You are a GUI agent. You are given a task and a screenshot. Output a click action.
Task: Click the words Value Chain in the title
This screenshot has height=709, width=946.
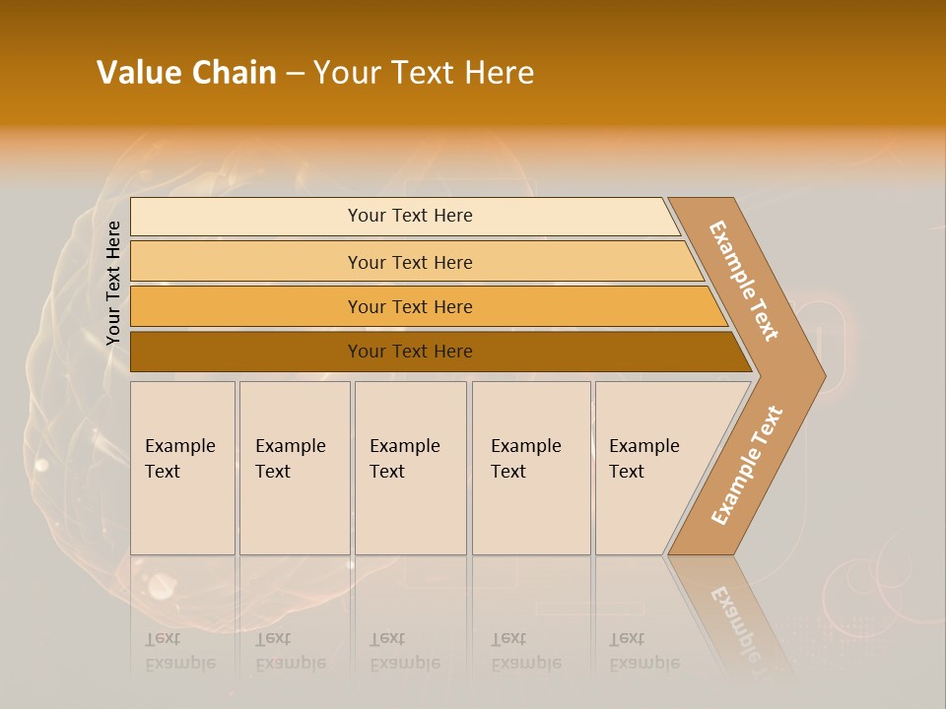click(x=186, y=73)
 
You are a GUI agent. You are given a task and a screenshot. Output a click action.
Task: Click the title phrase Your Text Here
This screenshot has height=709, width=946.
click(x=424, y=73)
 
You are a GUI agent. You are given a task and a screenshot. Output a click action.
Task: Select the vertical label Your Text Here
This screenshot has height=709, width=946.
click(x=113, y=283)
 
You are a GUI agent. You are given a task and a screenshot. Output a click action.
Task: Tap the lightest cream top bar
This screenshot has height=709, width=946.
click(x=246, y=217)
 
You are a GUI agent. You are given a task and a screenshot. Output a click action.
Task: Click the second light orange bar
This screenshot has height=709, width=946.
click(x=246, y=262)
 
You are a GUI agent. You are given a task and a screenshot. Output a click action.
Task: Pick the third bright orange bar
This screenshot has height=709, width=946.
click(x=246, y=307)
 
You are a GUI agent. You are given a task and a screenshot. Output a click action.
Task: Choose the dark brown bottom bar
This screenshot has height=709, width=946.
click(x=246, y=352)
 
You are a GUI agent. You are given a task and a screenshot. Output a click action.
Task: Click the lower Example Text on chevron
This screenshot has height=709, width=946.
click(x=747, y=465)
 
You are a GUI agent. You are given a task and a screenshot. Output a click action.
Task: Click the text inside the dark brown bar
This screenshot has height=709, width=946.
click(x=410, y=352)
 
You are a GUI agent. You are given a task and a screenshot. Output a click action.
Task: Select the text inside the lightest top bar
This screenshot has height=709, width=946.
click(x=410, y=216)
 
